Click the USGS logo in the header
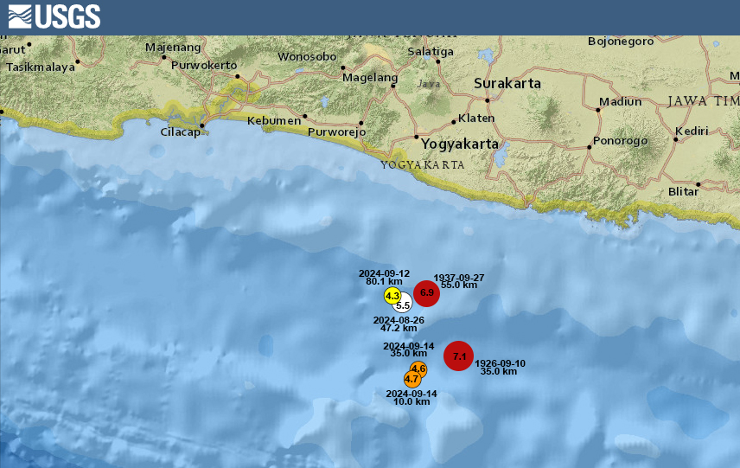point(54,16)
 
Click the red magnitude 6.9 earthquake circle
point(426,293)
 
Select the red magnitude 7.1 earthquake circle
point(459,356)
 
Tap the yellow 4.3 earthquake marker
point(392,296)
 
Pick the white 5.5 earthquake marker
point(403,305)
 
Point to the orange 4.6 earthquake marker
point(418,369)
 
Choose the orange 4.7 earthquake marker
point(411,379)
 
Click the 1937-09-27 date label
point(459,277)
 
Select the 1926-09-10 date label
point(501,363)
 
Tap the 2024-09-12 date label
point(384,273)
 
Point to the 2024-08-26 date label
point(399,320)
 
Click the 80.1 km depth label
point(384,282)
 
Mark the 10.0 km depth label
point(411,401)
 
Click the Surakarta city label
point(507,84)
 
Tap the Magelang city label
point(369,77)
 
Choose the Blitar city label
point(683,191)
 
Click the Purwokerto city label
point(204,65)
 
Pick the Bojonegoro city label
point(620,41)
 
